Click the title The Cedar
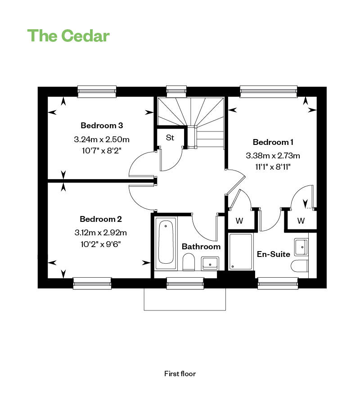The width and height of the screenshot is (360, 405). pyautogui.click(x=68, y=36)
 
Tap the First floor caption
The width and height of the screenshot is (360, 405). pyautogui.click(x=180, y=374)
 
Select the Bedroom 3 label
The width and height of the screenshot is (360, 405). pyautogui.click(x=102, y=126)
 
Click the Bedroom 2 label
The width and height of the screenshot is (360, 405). pyautogui.click(x=101, y=219)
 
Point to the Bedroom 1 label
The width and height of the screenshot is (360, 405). pyautogui.click(x=273, y=142)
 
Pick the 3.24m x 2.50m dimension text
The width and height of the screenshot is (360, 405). pyautogui.click(x=102, y=139)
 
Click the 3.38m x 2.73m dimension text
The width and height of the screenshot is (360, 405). pyautogui.click(x=273, y=156)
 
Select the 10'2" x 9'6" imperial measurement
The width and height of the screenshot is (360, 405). pyautogui.click(x=101, y=244)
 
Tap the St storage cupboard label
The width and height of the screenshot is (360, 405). pyautogui.click(x=170, y=138)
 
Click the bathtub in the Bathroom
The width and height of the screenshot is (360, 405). pyautogui.click(x=166, y=243)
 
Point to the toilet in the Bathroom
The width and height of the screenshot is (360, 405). pyautogui.click(x=189, y=261)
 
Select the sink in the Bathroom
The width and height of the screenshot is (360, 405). pyautogui.click(x=210, y=263)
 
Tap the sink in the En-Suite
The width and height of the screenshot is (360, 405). pyautogui.click(x=301, y=247)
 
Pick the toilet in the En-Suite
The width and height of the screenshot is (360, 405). pyautogui.click(x=300, y=266)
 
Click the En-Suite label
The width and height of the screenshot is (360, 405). pyautogui.click(x=274, y=254)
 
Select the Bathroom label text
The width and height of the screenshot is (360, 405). pyautogui.click(x=201, y=247)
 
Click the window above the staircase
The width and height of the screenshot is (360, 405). pyautogui.click(x=176, y=91)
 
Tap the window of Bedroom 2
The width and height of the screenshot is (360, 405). pyautogui.click(x=92, y=283)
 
